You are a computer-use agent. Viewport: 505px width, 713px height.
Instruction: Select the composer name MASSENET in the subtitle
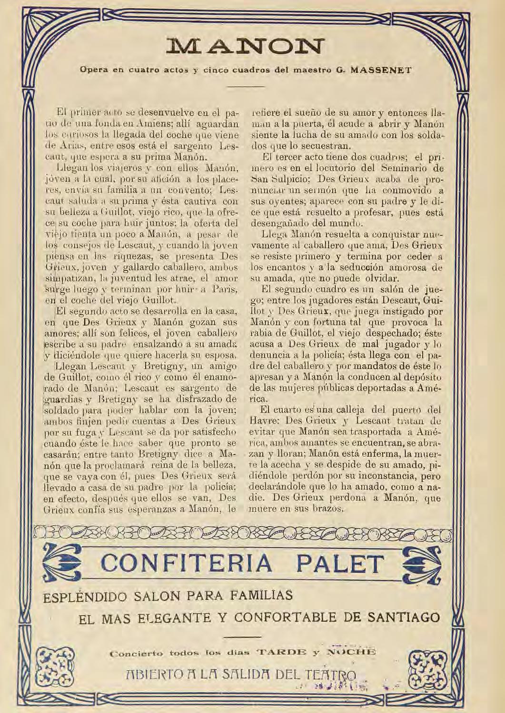coord(381,69)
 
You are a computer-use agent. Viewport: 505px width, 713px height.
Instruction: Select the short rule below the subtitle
coord(245,87)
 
